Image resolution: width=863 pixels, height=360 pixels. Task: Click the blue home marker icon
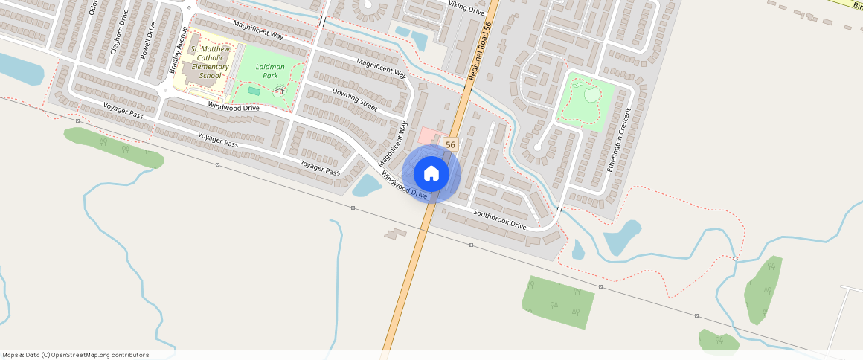coord(431,174)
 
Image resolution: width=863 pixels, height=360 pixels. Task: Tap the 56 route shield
coord(450,144)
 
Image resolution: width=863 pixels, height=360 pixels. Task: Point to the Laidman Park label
coord(270,71)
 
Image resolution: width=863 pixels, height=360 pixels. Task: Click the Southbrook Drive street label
coord(500,219)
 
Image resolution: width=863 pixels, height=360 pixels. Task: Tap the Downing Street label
coord(355,100)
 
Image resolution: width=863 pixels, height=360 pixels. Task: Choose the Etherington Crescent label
coord(618,139)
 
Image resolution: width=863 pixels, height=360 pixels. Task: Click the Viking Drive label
coord(466,8)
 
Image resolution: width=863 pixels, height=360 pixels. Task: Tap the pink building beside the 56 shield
coord(429,136)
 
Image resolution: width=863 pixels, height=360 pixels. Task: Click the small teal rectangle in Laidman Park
coord(254,91)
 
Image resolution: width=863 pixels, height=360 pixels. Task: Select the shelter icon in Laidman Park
coord(280,91)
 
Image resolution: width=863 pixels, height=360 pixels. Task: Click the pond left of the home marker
coord(366,185)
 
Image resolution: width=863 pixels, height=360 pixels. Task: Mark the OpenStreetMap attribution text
coord(75,355)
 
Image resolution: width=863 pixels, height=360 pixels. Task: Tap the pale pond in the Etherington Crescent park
coord(591,94)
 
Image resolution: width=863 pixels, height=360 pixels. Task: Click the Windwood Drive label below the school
coord(234,107)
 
